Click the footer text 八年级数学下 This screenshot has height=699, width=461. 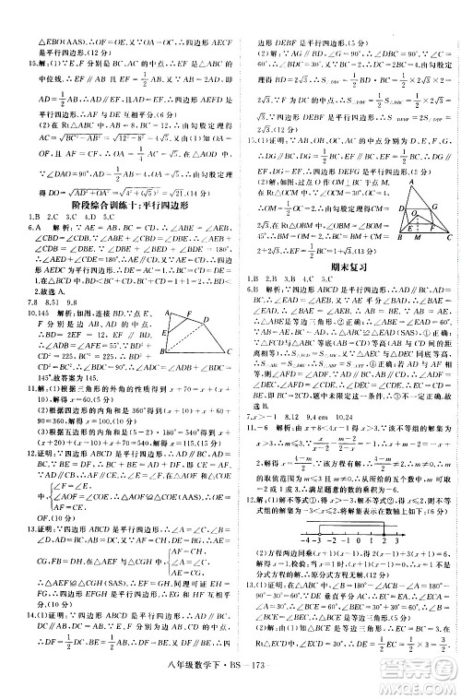202,681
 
